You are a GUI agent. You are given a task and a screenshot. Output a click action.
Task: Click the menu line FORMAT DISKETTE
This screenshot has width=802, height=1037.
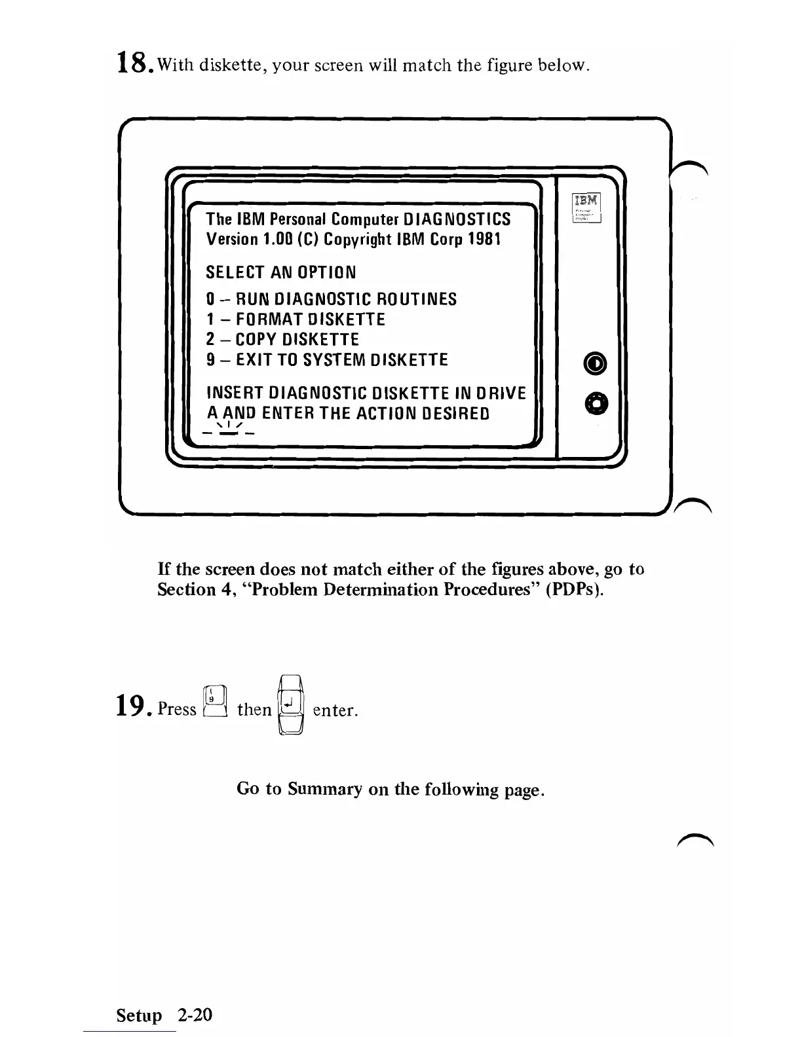[x=295, y=319]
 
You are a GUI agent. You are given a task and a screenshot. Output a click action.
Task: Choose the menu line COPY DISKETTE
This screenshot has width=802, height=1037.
[x=282, y=340]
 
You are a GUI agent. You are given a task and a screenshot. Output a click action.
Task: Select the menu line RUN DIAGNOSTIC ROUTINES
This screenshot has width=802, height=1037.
[x=331, y=300]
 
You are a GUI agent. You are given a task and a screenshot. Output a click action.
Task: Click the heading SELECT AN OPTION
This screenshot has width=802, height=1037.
[x=281, y=272]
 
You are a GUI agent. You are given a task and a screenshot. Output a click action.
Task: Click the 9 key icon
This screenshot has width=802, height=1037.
[x=216, y=702]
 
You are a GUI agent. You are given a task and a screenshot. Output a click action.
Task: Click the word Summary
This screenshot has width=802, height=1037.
[x=325, y=789]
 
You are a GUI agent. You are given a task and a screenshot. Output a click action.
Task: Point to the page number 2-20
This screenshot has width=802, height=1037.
[x=194, y=1015]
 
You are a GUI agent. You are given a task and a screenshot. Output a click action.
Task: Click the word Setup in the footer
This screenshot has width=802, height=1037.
[x=139, y=1015]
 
